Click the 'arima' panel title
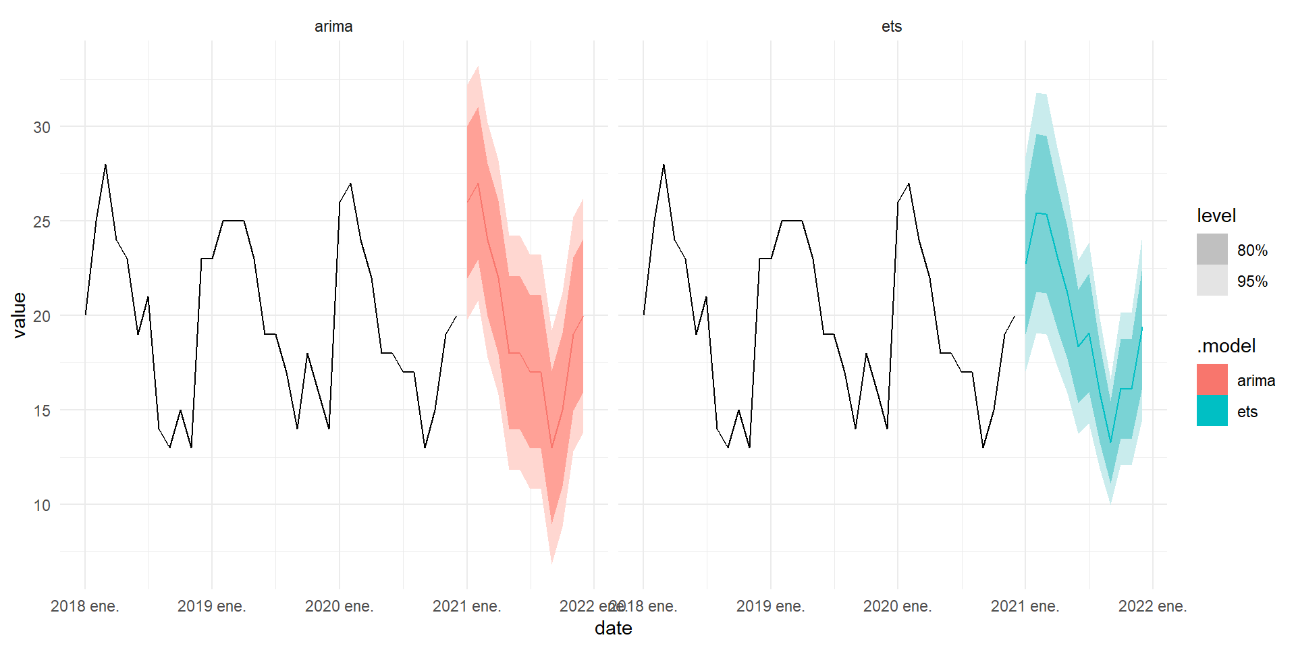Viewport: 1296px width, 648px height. pyautogui.click(x=333, y=26)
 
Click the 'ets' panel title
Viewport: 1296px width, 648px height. pyautogui.click(x=892, y=26)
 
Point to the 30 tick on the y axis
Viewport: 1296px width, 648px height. pyautogui.click(x=42, y=127)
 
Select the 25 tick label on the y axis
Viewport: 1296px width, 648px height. pyautogui.click(x=42, y=221)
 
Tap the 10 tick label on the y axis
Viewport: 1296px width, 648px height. pyautogui.click(x=42, y=505)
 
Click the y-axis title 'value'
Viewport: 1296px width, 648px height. pyautogui.click(x=19, y=315)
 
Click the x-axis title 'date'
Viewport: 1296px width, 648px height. pyautogui.click(x=613, y=628)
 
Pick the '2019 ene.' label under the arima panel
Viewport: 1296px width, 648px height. pyautogui.click(x=211, y=606)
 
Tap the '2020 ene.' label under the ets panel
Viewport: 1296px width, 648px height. pyautogui.click(x=897, y=606)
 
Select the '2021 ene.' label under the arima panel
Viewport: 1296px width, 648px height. pyautogui.click(x=466, y=606)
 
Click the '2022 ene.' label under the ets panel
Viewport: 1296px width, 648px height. pyautogui.click(x=1152, y=606)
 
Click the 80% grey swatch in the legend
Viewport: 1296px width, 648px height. pyautogui.click(x=1212, y=249)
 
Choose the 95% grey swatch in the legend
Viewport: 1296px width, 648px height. pyautogui.click(x=1212, y=280)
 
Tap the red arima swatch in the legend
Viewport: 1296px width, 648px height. pyautogui.click(x=1212, y=379)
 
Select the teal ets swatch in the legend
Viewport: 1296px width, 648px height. pyautogui.click(x=1212, y=410)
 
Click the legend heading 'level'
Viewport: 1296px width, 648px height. pyautogui.click(x=1216, y=216)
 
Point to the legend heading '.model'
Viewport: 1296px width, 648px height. pyautogui.click(x=1226, y=346)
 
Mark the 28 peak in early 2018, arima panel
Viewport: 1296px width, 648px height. pyautogui.click(x=105, y=165)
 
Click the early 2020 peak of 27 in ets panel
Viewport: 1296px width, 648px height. pyautogui.click(x=909, y=184)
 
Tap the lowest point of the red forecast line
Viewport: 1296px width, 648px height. pyautogui.click(x=551, y=448)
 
